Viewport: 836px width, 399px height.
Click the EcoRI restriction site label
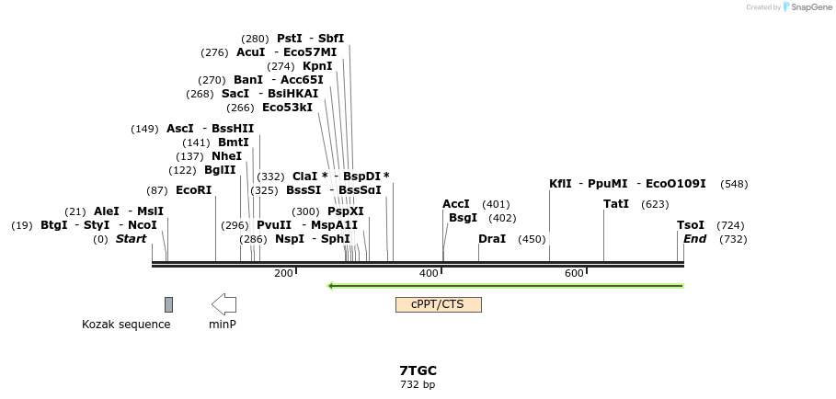tap(193, 190)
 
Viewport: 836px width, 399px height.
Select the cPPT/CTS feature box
tap(438, 304)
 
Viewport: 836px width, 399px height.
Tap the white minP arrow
tap(223, 304)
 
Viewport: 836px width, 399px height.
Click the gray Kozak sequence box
tap(168, 304)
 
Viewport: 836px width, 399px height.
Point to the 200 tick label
tap(283, 273)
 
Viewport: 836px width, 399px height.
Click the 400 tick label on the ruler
tap(429, 273)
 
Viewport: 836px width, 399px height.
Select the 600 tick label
tap(574, 273)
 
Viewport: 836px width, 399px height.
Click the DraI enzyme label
tap(492, 239)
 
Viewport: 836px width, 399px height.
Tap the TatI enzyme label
tap(616, 204)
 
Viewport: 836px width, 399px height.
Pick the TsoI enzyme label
tap(691, 225)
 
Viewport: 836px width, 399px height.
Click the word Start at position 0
tap(131, 239)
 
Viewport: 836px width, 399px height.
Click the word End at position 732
tap(694, 239)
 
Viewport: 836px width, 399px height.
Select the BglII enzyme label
tap(220, 170)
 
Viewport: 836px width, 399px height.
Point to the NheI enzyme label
tap(226, 156)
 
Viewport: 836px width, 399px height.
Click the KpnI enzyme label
tap(317, 66)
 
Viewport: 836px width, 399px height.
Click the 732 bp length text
tap(418, 384)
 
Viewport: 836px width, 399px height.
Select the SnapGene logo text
tap(809, 7)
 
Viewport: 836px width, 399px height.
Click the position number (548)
tap(734, 184)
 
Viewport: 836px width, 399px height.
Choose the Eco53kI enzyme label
tap(287, 108)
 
